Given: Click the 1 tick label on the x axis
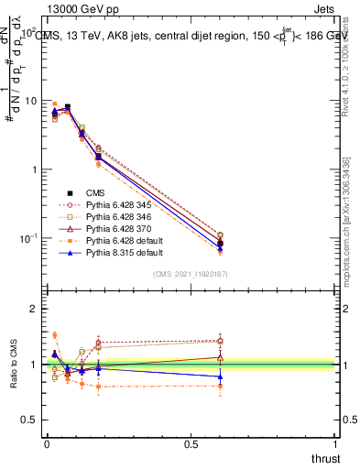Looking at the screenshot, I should pyautogui.click(x=337, y=446).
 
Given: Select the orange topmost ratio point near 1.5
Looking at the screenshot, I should pyautogui.click(x=54, y=335).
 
